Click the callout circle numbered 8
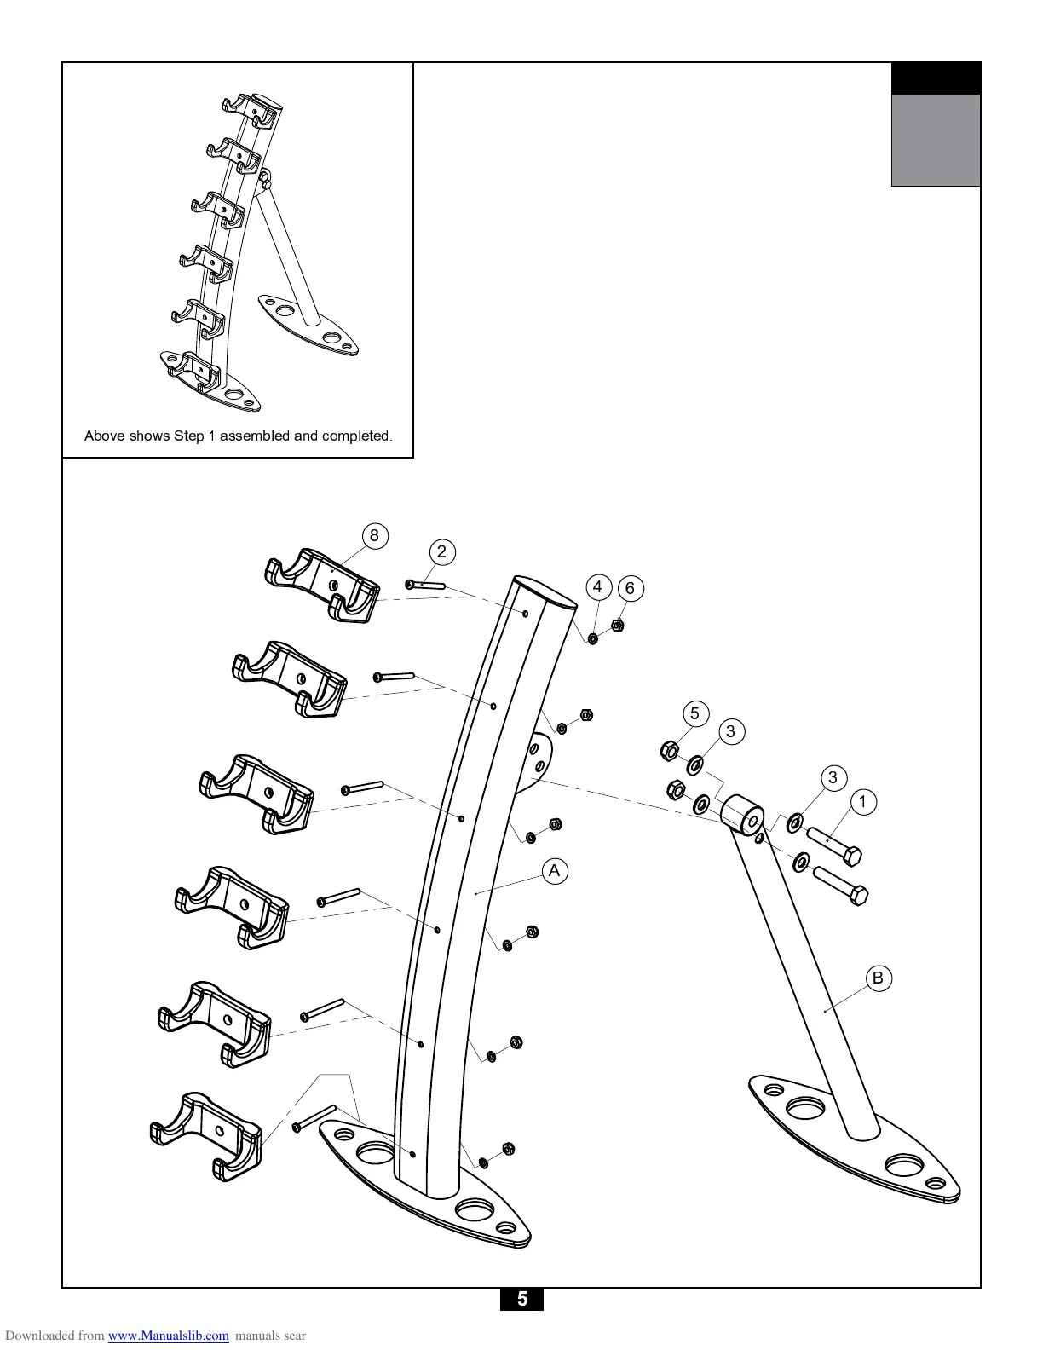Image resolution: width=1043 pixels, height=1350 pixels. (373, 536)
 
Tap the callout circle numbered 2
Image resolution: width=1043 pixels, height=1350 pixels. (441, 551)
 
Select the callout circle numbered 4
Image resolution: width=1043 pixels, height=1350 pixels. (597, 586)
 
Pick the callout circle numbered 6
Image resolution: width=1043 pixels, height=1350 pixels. (630, 588)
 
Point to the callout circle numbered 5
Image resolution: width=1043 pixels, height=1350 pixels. (694, 713)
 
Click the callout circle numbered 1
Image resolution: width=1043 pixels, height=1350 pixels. (862, 801)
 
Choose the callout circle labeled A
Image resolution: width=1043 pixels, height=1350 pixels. (555, 870)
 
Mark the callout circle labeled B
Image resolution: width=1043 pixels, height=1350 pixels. (878, 978)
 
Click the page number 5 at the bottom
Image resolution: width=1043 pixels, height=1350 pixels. (521, 1299)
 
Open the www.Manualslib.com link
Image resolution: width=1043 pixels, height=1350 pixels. (168, 1336)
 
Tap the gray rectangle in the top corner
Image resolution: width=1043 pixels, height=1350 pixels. (935, 140)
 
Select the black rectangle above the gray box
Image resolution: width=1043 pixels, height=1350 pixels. (935, 78)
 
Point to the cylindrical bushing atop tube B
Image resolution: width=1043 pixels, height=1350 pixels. (743, 812)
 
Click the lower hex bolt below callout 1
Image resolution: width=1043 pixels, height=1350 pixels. (840, 885)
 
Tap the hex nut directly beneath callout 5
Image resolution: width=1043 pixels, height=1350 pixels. (670, 750)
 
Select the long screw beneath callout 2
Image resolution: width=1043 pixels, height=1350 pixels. (426, 585)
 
